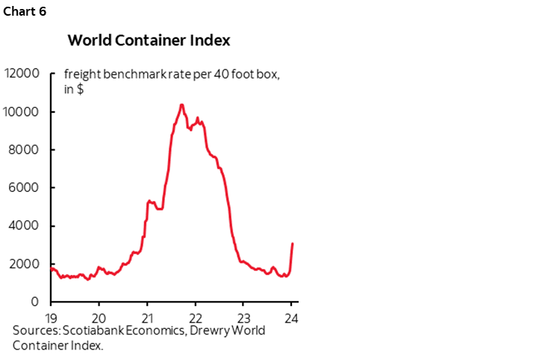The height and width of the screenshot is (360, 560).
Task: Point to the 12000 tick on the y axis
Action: point(22,74)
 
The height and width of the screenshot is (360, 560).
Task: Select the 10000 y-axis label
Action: point(22,112)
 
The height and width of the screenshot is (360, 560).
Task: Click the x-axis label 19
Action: point(51,316)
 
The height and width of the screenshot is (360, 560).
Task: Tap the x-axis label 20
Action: point(99,316)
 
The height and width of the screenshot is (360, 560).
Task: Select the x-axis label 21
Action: point(147,316)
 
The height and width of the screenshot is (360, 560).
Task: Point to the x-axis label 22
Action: point(195,316)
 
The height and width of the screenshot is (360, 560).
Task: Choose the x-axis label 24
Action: point(291,316)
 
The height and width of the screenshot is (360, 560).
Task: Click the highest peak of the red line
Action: point(181,105)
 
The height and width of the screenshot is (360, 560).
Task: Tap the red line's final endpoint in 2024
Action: point(292,243)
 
